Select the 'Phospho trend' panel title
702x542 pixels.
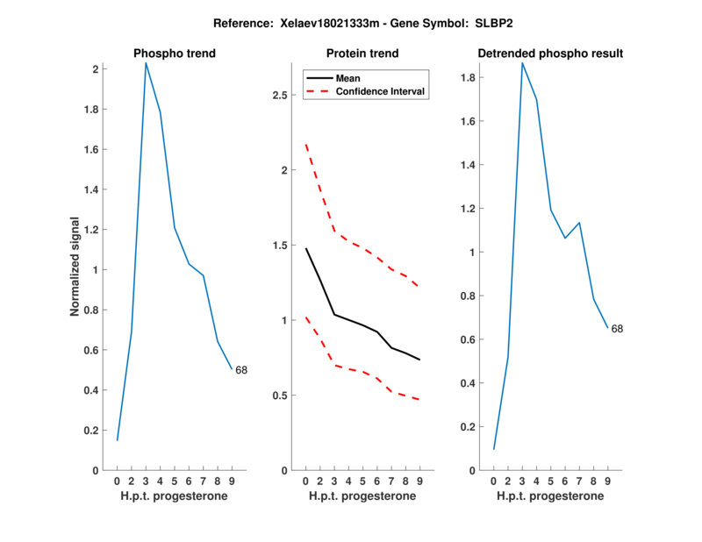coord(175,53)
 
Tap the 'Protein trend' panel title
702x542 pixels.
coord(362,53)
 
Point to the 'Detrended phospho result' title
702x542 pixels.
coord(550,53)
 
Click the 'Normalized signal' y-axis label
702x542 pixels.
coord(76,267)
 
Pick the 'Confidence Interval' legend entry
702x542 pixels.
coord(382,91)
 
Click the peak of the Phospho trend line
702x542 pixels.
coord(146,62)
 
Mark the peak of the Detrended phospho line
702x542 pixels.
coord(522,62)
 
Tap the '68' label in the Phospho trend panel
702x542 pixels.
coord(241,370)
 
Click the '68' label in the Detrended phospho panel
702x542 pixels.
coord(617,329)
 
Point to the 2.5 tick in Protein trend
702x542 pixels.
coord(281,95)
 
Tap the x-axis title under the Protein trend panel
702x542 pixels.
coord(362,496)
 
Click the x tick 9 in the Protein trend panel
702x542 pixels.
coord(419,481)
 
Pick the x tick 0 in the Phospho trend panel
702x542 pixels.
coord(118,481)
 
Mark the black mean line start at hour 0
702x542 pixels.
coord(305,248)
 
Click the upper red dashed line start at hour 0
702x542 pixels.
coord(305,145)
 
